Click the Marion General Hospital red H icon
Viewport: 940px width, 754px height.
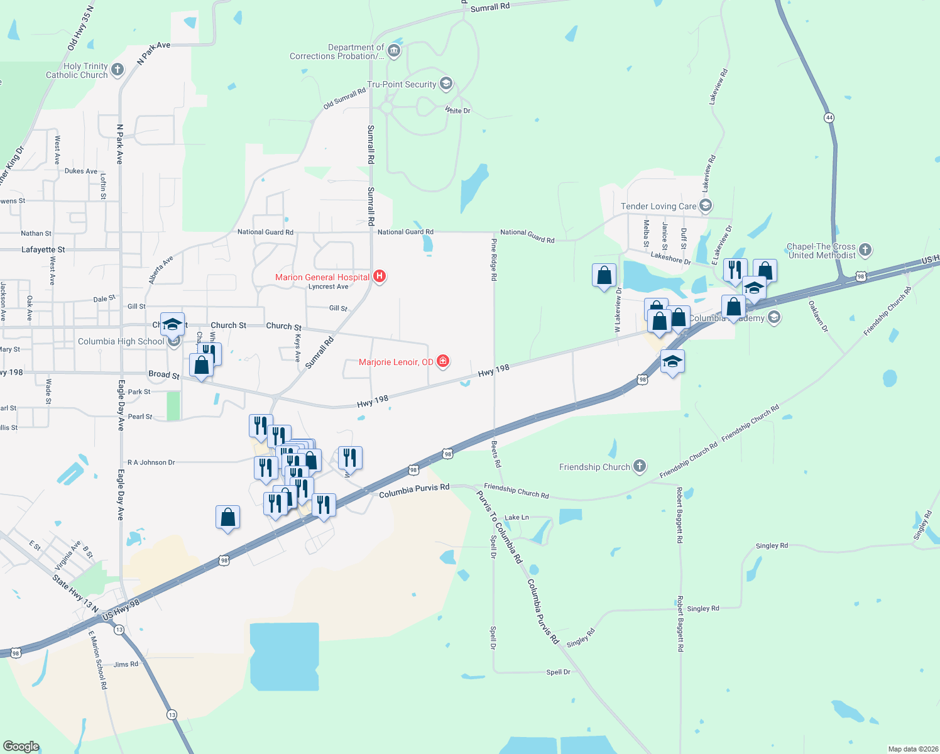[x=379, y=276]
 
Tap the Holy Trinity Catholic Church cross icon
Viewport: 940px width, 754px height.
[x=117, y=70]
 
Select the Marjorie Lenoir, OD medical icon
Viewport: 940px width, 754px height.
[x=443, y=361]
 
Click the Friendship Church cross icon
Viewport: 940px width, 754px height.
[x=639, y=466]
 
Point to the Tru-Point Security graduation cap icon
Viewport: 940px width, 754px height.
[x=445, y=84]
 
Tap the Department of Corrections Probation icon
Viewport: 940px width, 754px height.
[x=394, y=51]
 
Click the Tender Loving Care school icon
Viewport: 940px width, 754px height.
[x=705, y=205]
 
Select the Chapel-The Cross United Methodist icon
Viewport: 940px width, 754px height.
[x=865, y=250]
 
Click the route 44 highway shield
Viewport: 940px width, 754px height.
[x=829, y=117]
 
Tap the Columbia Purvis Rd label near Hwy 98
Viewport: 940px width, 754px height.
[x=414, y=491]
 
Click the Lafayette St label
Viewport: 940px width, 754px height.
[x=43, y=249]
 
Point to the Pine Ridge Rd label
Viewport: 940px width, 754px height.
[x=494, y=259]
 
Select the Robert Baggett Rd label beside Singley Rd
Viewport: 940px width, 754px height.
[x=680, y=624]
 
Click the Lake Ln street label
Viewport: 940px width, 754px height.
[x=516, y=517]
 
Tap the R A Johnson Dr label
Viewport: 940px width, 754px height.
[x=151, y=462]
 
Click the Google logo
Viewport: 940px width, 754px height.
[x=21, y=746]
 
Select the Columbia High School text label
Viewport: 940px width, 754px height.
[x=121, y=341]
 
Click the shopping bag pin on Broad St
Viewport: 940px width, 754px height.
[x=201, y=366]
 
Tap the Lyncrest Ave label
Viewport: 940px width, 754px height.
[x=328, y=287]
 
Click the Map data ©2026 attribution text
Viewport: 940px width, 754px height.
[x=912, y=749]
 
